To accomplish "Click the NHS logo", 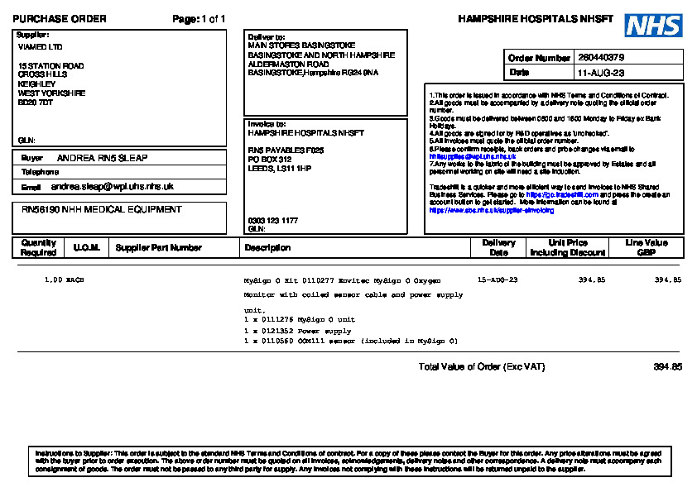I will click(x=653, y=25).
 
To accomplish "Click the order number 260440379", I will click(x=601, y=58).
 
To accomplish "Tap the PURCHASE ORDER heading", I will click(x=60, y=19).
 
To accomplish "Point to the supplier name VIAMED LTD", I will click(x=40, y=47).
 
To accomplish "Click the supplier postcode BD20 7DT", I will click(x=36, y=103).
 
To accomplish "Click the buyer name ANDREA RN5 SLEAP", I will click(x=102, y=157).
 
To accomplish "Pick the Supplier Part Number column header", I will click(x=158, y=247).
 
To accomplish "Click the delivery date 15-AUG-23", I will click(x=498, y=281).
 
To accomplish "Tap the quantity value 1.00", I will click(x=53, y=281).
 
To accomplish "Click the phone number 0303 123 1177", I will click(x=273, y=221).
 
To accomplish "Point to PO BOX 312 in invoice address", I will click(x=270, y=159).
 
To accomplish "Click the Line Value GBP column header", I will click(x=647, y=247).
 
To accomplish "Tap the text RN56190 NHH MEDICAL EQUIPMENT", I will click(x=101, y=210).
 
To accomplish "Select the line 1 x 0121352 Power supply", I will click(x=297, y=331).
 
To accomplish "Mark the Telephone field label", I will click(x=40, y=172).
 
